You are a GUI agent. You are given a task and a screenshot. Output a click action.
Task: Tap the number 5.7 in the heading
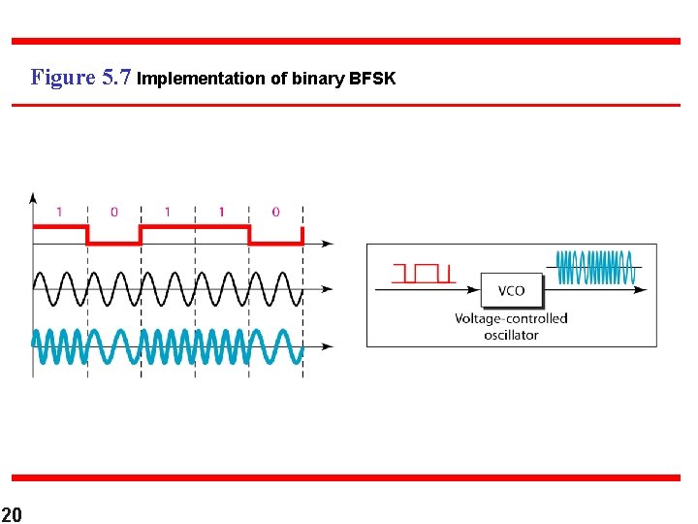(x=116, y=78)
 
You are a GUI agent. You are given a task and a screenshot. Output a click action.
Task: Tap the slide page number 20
(x=12, y=512)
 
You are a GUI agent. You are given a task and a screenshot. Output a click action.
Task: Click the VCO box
(x=511, y=290)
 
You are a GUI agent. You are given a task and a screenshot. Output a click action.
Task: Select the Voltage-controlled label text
(x=511, y=318)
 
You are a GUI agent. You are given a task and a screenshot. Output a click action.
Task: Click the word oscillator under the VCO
(x=511, y=335)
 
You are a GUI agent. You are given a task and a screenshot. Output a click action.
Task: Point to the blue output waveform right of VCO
(x=596, y=268)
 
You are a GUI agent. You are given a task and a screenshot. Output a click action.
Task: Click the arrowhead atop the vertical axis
(x=34, y=198)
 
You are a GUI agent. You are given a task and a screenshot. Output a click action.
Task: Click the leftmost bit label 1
(x=59, y=212)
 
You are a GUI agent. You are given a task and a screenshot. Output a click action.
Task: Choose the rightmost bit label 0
(x=275, y=212)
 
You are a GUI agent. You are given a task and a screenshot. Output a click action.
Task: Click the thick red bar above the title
(x=345, y=41)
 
